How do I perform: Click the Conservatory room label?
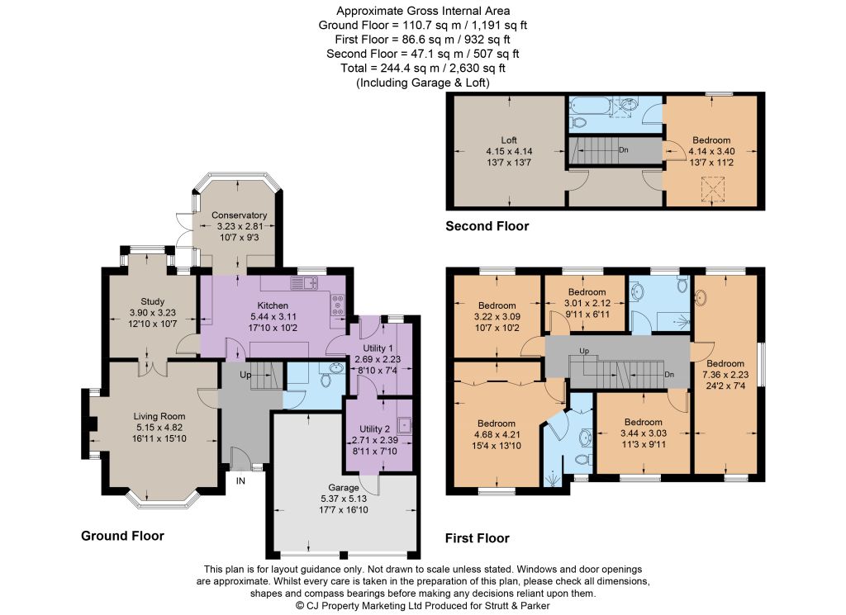239,215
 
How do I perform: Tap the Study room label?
152,301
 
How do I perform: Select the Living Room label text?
159,416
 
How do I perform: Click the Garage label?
343,488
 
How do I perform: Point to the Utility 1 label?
378,348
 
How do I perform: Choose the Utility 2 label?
374,428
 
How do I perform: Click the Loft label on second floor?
509,140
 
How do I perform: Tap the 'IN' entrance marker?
240,480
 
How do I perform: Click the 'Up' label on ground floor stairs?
245,375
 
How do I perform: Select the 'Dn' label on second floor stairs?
623,150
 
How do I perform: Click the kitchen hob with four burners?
338,305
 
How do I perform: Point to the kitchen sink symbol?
304,282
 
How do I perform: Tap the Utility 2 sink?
404,425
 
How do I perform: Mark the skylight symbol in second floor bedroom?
712,189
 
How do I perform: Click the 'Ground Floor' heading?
122,536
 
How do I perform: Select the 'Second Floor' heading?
487,226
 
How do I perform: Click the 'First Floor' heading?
477,538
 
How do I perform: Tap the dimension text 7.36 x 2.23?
725,375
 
